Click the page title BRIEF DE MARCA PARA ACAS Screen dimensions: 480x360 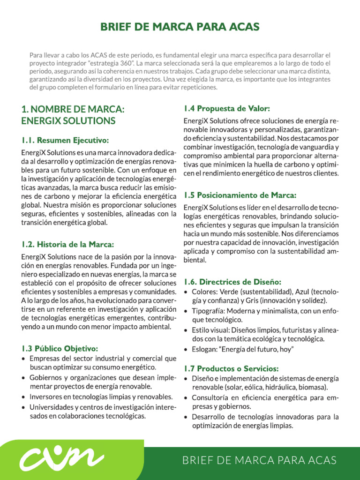[180, 27]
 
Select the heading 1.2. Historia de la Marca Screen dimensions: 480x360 [68, 244]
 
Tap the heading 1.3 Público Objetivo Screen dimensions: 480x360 [60, 348]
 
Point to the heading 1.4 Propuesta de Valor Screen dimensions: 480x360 [226, 109]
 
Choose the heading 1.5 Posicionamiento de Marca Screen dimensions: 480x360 [240, 195]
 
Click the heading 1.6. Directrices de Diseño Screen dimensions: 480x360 [232, 282]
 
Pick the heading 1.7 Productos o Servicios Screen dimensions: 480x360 [231, 368]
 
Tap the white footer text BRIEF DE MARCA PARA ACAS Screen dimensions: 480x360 [259, 460]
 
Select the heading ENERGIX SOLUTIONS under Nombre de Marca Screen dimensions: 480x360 [68, 121]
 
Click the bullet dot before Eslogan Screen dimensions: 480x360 [187, 350]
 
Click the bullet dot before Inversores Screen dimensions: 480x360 [24, 397]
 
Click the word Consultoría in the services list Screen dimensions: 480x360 [212, 397]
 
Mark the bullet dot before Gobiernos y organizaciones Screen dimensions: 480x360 [24, 378]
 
